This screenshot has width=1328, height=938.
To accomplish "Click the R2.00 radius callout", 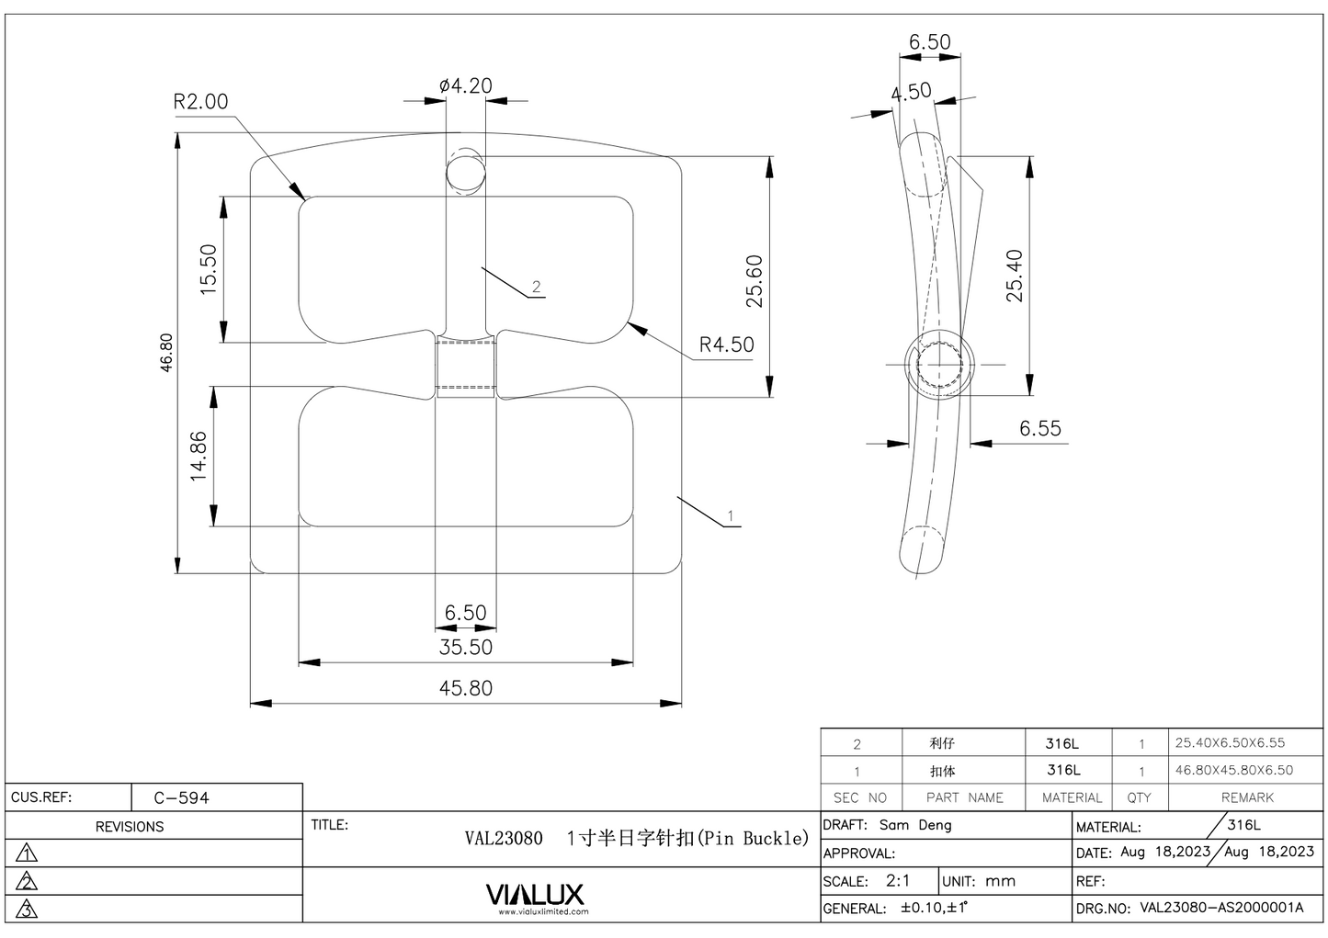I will pos(200,102).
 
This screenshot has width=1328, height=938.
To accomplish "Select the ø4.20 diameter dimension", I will pos(466,86).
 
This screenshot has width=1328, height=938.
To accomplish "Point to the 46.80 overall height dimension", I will pos(166,352).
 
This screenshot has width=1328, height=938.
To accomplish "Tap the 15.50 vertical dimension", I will pos(209,269).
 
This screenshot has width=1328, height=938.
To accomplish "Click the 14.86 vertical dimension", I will pos(199,457).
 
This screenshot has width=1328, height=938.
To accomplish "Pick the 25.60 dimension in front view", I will pos(755,281).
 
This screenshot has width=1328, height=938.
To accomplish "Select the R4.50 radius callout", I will pos(726,345).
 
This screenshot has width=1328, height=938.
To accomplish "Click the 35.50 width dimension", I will pos(466,648).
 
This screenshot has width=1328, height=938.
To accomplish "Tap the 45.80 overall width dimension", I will pos(466,688).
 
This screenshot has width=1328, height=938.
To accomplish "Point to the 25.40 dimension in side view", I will pos(1014,276).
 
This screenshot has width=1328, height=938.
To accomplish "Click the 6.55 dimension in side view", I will pos(1039,429).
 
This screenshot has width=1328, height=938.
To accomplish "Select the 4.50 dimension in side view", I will pos(911,92).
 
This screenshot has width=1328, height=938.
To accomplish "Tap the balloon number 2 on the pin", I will pos(537,288).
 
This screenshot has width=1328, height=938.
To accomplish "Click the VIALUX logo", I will pos(534,895).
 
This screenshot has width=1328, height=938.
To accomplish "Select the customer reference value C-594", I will pos(181,797).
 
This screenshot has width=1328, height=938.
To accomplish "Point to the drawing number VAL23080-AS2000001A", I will pos(1221,908).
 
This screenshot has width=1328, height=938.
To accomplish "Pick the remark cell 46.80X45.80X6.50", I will pos(1234,771).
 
